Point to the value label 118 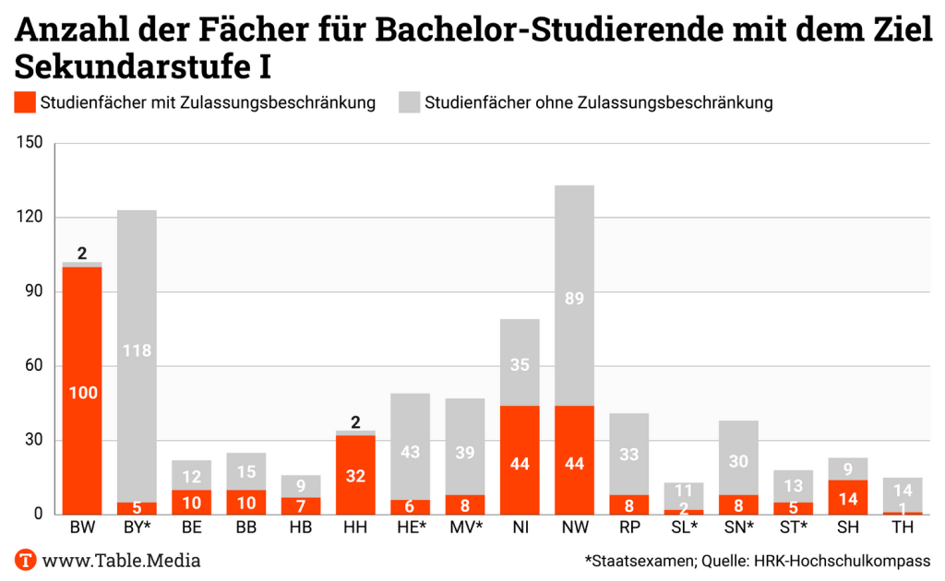[137, 350]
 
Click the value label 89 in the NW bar [574, 298]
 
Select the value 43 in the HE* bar [410, 452]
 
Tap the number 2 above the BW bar [82, 253]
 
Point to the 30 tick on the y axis [34, 440]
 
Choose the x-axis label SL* [684, 528]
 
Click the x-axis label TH [903, 528]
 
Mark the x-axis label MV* [465, 528]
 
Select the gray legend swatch [409, 102]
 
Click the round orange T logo [26, 560]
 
